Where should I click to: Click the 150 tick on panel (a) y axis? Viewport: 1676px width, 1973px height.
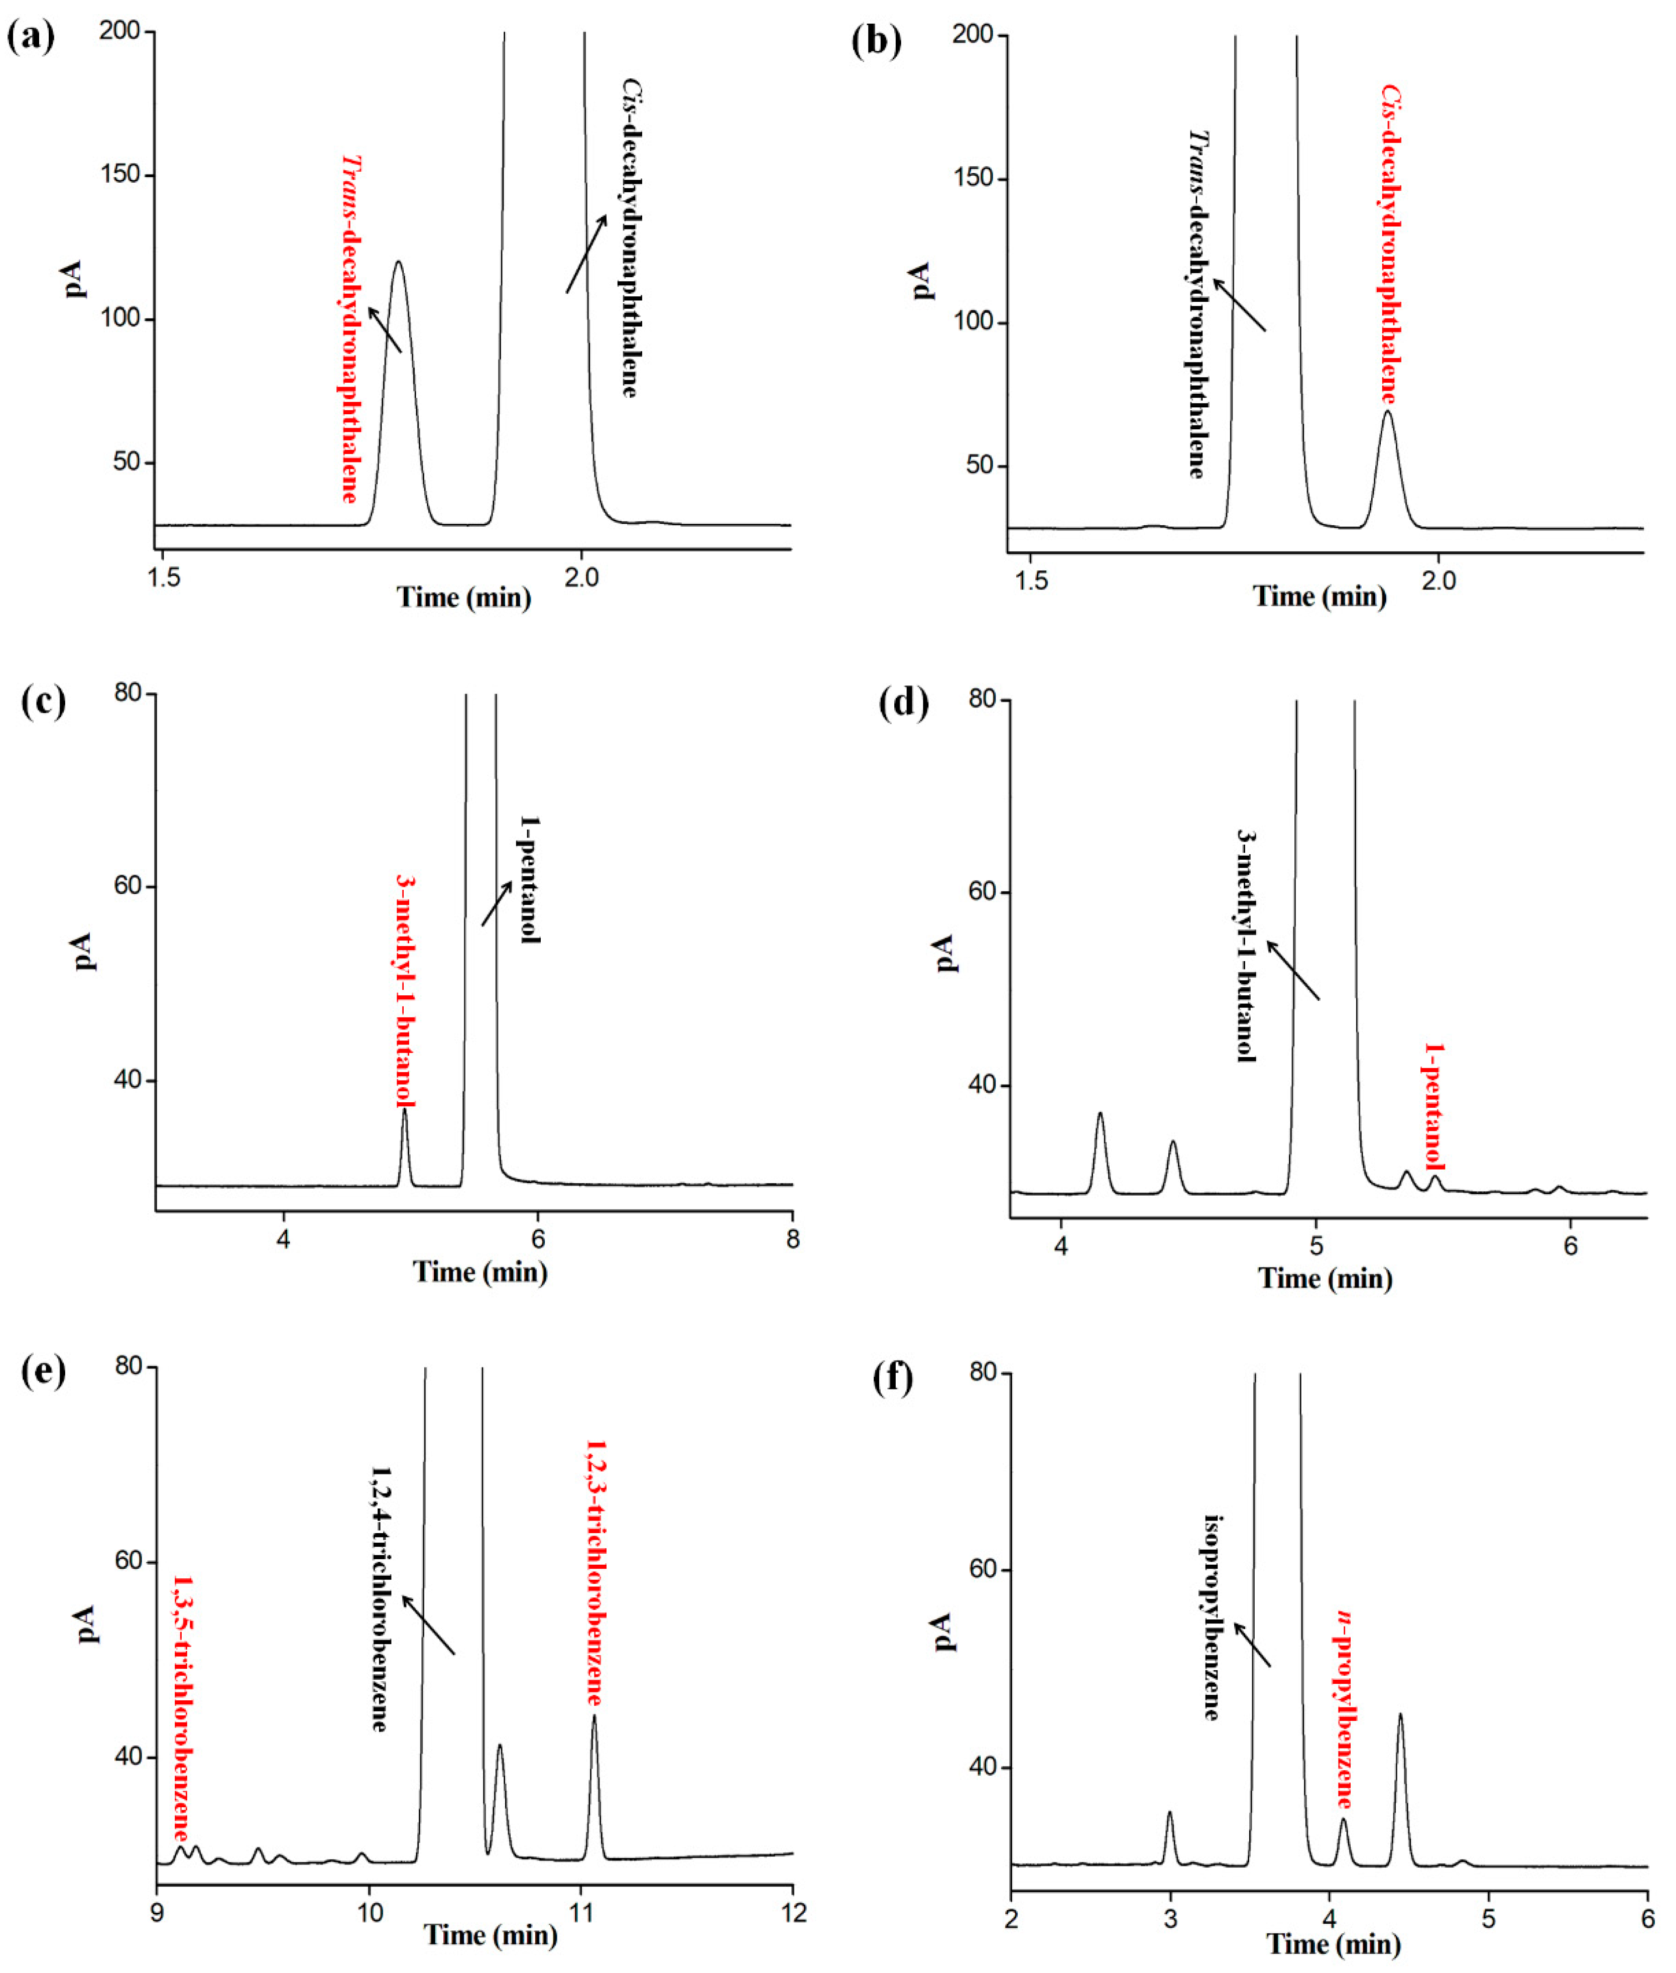tap(119, 174)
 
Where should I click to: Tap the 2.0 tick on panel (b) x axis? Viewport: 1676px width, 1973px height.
tap(1439, 581)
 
